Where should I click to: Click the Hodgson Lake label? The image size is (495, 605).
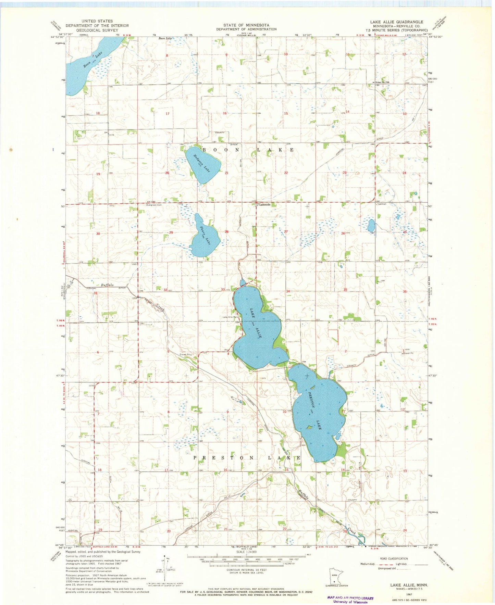(x=202, y=163)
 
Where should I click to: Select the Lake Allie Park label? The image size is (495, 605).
(x=231, y=317)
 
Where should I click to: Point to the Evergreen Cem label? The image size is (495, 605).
(x=154, y=205)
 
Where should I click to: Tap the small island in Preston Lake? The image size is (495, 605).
(x=309, y=427)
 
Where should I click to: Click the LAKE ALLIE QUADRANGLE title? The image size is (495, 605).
(x=396, y=22)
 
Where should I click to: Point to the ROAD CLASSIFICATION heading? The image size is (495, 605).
(x=394, y=558)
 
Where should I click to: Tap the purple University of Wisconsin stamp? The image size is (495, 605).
(x=350, y=600)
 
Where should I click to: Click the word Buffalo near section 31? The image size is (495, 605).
(x=107, y=285)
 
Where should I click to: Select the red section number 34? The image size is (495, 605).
(x=288, y=291)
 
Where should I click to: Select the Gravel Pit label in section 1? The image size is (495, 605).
(x=408, y=353)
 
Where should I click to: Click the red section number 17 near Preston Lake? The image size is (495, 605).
(x=166, y=470)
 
